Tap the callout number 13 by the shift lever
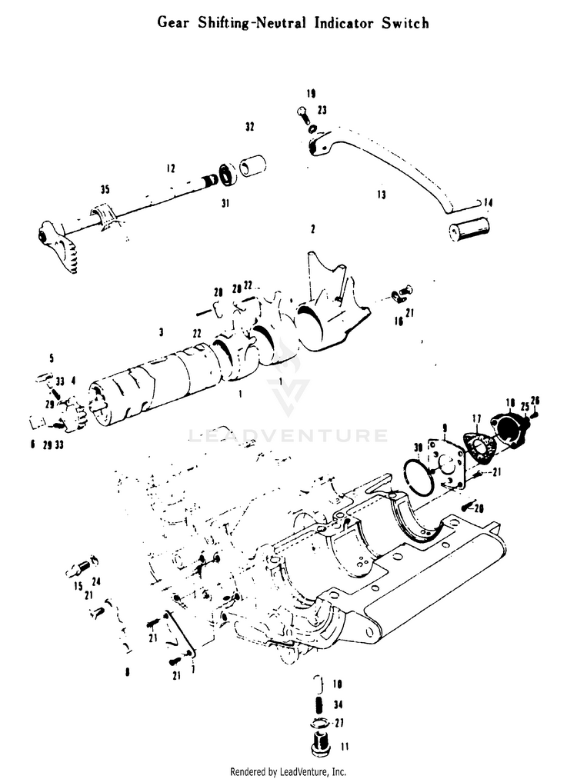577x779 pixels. click(x=381, y=195)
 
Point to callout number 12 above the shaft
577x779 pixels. click(x=170, y=168)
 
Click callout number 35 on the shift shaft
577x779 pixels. click(x=105, y=189)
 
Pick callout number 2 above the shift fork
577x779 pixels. click(x=313, y=229)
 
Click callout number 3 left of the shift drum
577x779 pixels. click(x=161, y=332)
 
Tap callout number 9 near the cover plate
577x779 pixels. click(x=444, y=428)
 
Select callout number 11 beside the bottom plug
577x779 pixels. click(x=344, y=747)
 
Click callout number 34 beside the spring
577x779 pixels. click(x=338, y=704)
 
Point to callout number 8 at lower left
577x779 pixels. click(x=127, y=671)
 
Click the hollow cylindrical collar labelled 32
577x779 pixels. click(x=255, y=166)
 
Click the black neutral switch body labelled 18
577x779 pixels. click(x=508, y=427)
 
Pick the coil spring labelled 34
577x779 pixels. click(x=316, y=705)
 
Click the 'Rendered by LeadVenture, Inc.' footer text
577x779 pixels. click(x=288, y=771)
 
